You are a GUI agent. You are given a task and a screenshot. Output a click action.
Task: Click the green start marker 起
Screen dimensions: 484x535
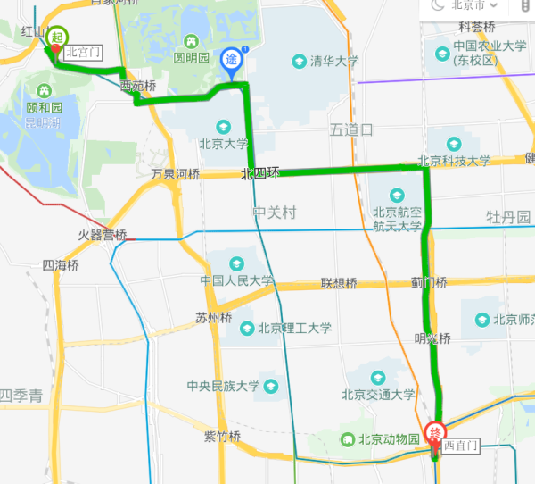pyautogui.click(x=56, y=38)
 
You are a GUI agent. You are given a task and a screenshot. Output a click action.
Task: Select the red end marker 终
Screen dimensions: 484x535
pyautogui.click(x=435, y=434)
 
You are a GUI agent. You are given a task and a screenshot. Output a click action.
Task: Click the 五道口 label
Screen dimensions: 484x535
pyautogui.click(x=350, y=130)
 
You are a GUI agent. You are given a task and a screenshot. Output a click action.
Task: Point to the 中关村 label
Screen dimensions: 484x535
pyautogui.click(x=274, y=213)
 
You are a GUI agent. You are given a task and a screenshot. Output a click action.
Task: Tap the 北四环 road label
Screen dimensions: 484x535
pyautogui.click(x=260, y=174)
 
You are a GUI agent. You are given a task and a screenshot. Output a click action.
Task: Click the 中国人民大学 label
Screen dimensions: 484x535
pyautogui.click(x=237, y=280)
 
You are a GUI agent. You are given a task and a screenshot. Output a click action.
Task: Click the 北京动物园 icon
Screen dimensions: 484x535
pyautogui.click(x=348, y=439)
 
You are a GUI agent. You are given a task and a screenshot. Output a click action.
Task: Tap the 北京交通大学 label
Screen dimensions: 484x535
pyautogui.click(x=378, y=394)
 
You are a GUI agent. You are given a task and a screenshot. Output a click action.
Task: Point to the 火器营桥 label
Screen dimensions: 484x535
pyautogui.click(x=102, y=236)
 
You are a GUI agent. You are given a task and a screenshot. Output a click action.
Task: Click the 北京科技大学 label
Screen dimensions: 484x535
pyautogui.click(x=455, y=161)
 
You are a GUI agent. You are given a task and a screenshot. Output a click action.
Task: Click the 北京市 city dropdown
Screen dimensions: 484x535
pyautogui.click(x=473, y=4)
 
